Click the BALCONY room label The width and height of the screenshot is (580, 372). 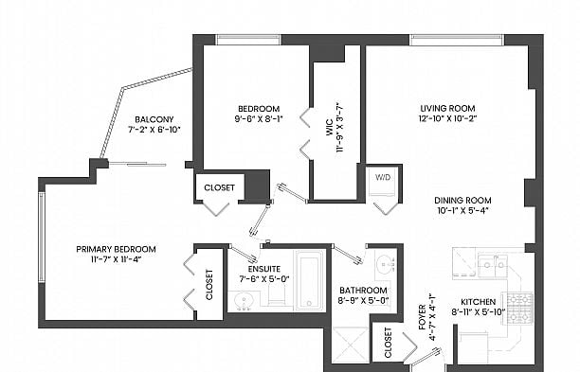154,119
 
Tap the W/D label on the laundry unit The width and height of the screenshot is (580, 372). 383,177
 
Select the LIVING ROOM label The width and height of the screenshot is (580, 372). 447,108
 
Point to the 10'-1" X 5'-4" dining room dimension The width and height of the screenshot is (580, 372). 462,210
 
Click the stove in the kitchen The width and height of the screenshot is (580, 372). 518,308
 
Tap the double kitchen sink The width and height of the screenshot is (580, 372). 492,265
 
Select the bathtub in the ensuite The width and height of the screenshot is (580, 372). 309,281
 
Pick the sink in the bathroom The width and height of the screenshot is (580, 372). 386,264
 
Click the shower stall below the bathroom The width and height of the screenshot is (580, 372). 351,345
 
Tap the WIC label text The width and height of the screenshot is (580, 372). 330,128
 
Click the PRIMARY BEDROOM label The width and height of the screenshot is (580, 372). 116,249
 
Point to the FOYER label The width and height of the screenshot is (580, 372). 422,317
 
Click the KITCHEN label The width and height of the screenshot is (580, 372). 478,302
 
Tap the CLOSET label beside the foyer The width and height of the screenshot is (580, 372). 388,343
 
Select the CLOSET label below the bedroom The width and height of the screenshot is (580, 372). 219,187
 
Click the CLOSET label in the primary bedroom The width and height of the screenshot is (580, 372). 209,285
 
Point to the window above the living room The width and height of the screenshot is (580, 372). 457,40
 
